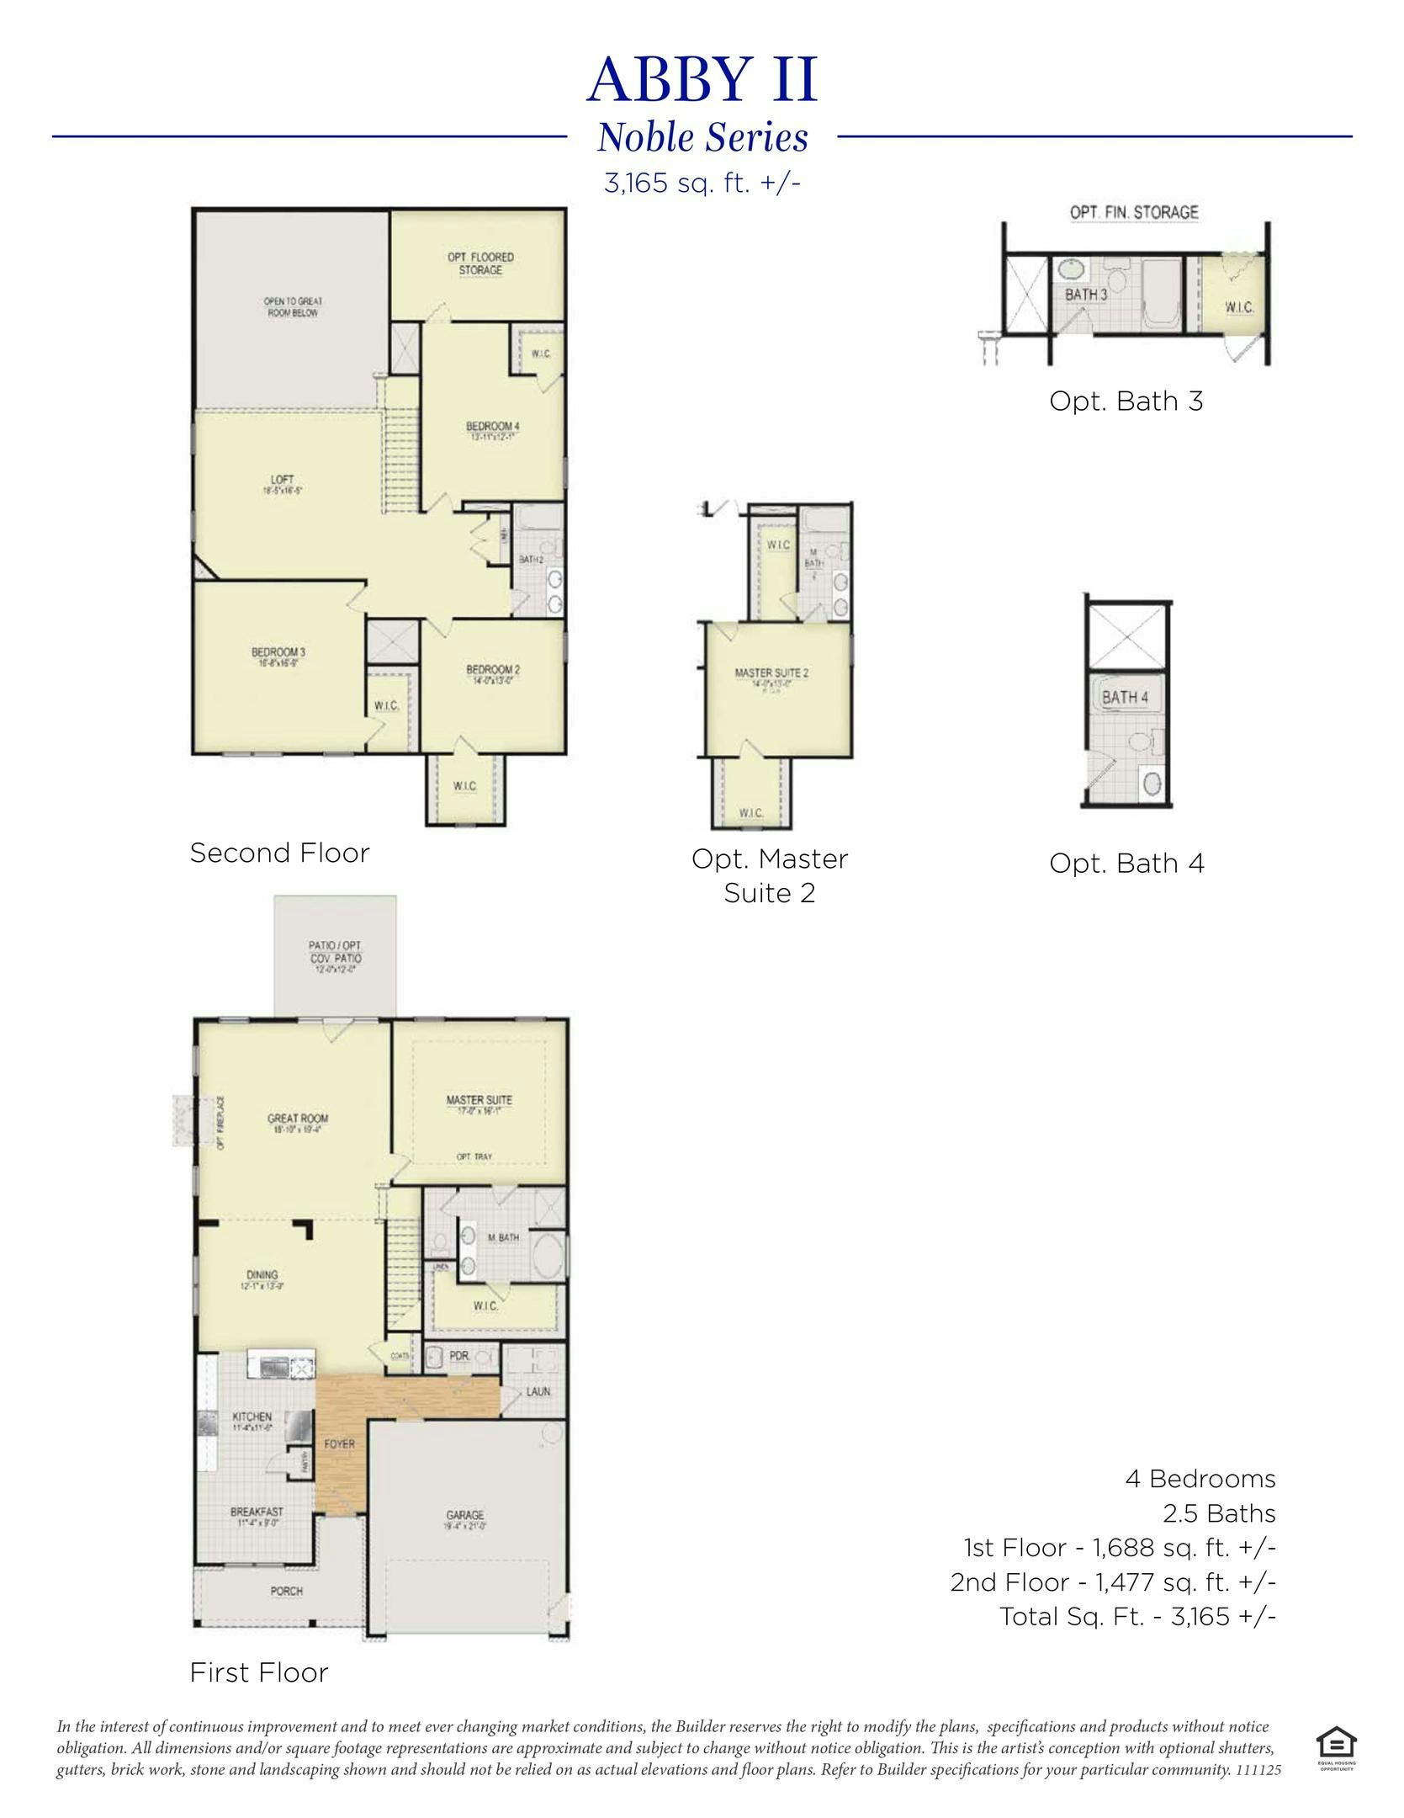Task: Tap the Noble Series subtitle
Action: [702, 138]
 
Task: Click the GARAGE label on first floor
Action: [464, 1515]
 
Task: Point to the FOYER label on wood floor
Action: [339, 1443]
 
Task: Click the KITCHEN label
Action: [252, 1417]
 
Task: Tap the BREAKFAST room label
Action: [256, 1512]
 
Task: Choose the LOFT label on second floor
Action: [282, 480]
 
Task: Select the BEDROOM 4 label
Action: [492, 426]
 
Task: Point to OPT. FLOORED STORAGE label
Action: [480, 263]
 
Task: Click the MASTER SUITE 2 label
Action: [771, 672]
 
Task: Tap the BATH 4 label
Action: [1125, 697]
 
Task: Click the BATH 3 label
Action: [1086, 295]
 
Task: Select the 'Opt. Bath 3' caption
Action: [1126, 401]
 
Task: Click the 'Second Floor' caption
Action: [279, 853]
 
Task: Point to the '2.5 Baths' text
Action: [1219, 1514]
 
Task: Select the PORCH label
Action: [286, 1592]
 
